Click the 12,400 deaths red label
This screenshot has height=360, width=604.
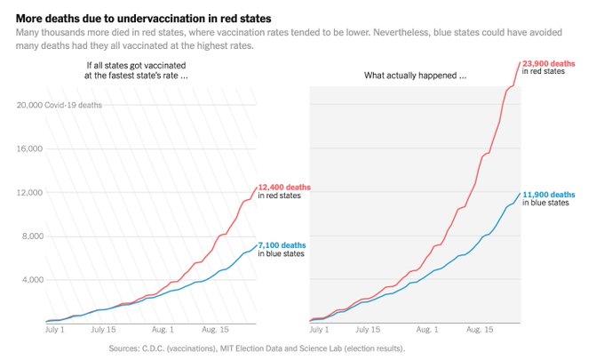pos(284,188)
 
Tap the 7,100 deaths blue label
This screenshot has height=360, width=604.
pos(283,244)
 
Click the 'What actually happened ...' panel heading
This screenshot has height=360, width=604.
pos(416,76)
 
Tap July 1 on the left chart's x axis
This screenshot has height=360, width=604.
pos(55,329)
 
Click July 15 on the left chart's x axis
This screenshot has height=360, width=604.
pos(111,329)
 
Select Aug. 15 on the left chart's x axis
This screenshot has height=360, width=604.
pos(218,329)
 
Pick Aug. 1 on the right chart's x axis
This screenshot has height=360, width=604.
pos(431,329)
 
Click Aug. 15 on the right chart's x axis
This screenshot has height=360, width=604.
pos(481,329)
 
